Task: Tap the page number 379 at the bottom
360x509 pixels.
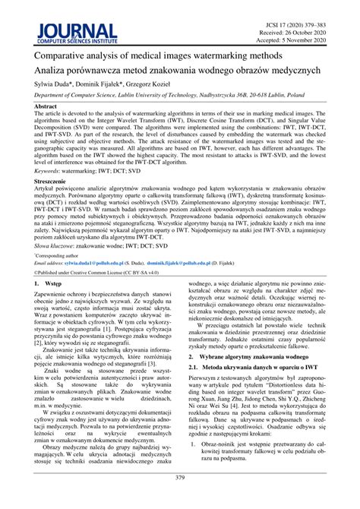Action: [180, 499]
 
